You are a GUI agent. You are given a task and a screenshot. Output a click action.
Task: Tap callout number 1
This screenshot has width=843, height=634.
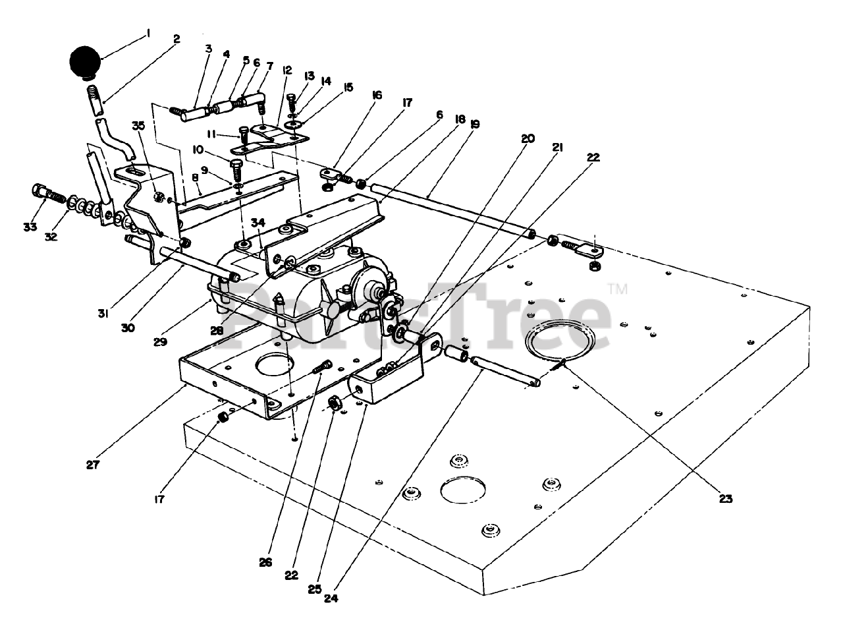tap(149, 32)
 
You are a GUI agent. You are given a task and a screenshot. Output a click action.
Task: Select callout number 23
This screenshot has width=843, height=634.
tap(724, 499)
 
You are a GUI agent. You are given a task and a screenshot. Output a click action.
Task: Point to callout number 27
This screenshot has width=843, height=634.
tap(92, 465)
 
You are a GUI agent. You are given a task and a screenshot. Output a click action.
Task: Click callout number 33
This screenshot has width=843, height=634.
tap(30, 227)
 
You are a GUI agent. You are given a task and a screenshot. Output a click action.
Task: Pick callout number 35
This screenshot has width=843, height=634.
tap(137, 126)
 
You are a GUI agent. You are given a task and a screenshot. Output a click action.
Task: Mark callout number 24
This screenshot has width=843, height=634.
tap(330, 598)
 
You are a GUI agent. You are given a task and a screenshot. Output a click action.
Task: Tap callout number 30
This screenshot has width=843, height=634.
tap(128, 327)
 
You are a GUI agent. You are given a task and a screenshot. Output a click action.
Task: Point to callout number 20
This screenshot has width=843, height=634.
tap(528, 139)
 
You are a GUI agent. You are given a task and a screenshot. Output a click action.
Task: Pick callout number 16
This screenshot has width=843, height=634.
tap(377, 96)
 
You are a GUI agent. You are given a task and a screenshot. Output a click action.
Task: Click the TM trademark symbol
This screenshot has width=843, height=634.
tap(617, 288)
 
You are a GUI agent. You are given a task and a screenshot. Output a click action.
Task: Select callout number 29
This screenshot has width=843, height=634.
tap(161, 342)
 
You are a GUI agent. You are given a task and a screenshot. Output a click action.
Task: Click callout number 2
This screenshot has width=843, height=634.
tap(176, 40)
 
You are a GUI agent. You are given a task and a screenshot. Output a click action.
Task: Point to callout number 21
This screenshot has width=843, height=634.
tap(557, 148)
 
